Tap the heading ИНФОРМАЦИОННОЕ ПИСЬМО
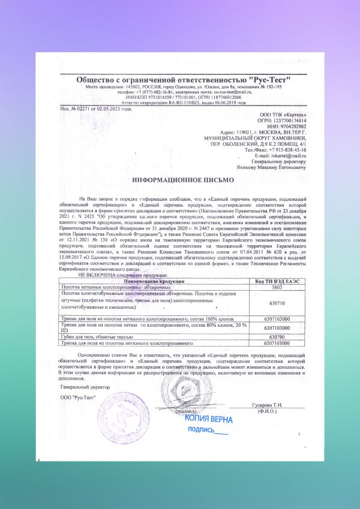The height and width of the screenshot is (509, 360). [x=179, y=180]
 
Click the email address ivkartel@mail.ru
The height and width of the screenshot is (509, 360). [x=289, y=155]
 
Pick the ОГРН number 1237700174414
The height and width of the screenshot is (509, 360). [x=290, y=120]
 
